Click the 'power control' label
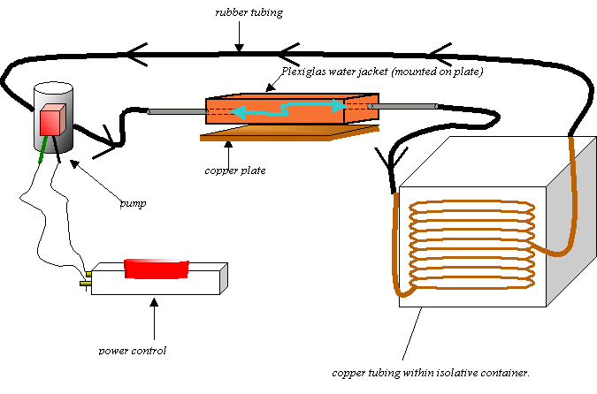click(134, 350)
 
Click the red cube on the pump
click(52, 118)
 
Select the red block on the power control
click(157, 267)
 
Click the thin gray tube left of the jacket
click(176, 111)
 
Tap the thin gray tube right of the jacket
click(403, 107)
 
